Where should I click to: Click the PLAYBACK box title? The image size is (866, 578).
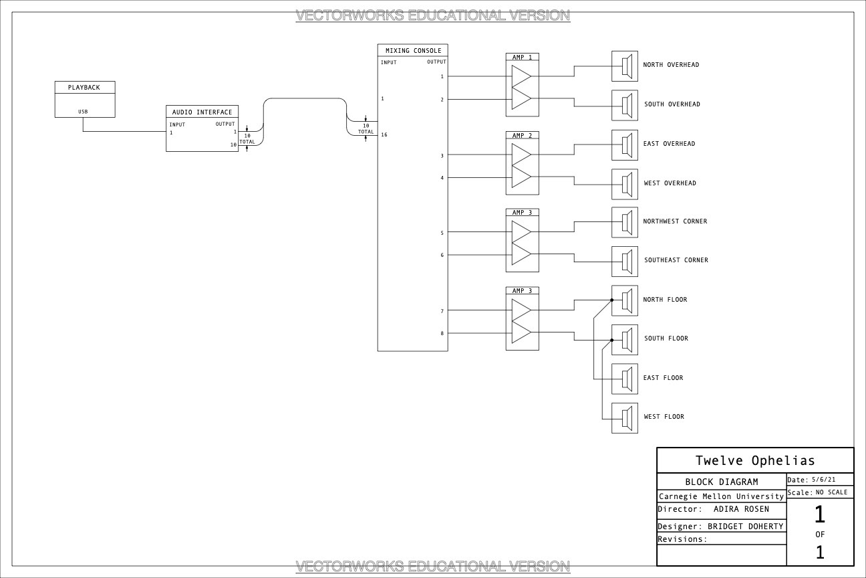(x=84, y=88)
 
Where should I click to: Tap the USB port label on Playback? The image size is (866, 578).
(x=83, y=112)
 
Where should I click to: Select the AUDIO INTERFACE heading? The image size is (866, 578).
(x=202, y=112)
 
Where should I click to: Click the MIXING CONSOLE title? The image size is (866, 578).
(x=413, y=51)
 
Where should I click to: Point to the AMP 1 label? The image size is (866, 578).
(x=522, y=58)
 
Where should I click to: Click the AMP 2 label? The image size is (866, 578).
(x=522, y=136)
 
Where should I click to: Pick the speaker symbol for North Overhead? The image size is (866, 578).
(x=625, y=66)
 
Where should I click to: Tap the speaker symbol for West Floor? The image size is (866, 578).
(x=625, y=418)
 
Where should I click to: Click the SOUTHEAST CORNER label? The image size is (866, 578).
(x=676, y=260)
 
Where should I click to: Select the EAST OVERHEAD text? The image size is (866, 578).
(x=670, y=144)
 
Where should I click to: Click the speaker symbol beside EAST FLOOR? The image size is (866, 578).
(x=625, y=379)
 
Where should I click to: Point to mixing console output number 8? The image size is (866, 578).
(x=442, y=333)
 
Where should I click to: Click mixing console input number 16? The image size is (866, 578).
(x=384, y=134)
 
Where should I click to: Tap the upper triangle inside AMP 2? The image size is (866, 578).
(x=521, y=155)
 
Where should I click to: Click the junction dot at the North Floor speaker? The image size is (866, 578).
(x=612, y=300)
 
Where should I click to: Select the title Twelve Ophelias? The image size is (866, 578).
(x=755, y=461)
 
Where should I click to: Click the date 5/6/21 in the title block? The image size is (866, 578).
(x=823, y=479)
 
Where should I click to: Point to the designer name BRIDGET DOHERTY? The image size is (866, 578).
(x=745, y=526)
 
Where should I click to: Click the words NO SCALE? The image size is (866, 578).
(x=832, y=492)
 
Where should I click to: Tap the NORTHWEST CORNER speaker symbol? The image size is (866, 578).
(x=625, y=223)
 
